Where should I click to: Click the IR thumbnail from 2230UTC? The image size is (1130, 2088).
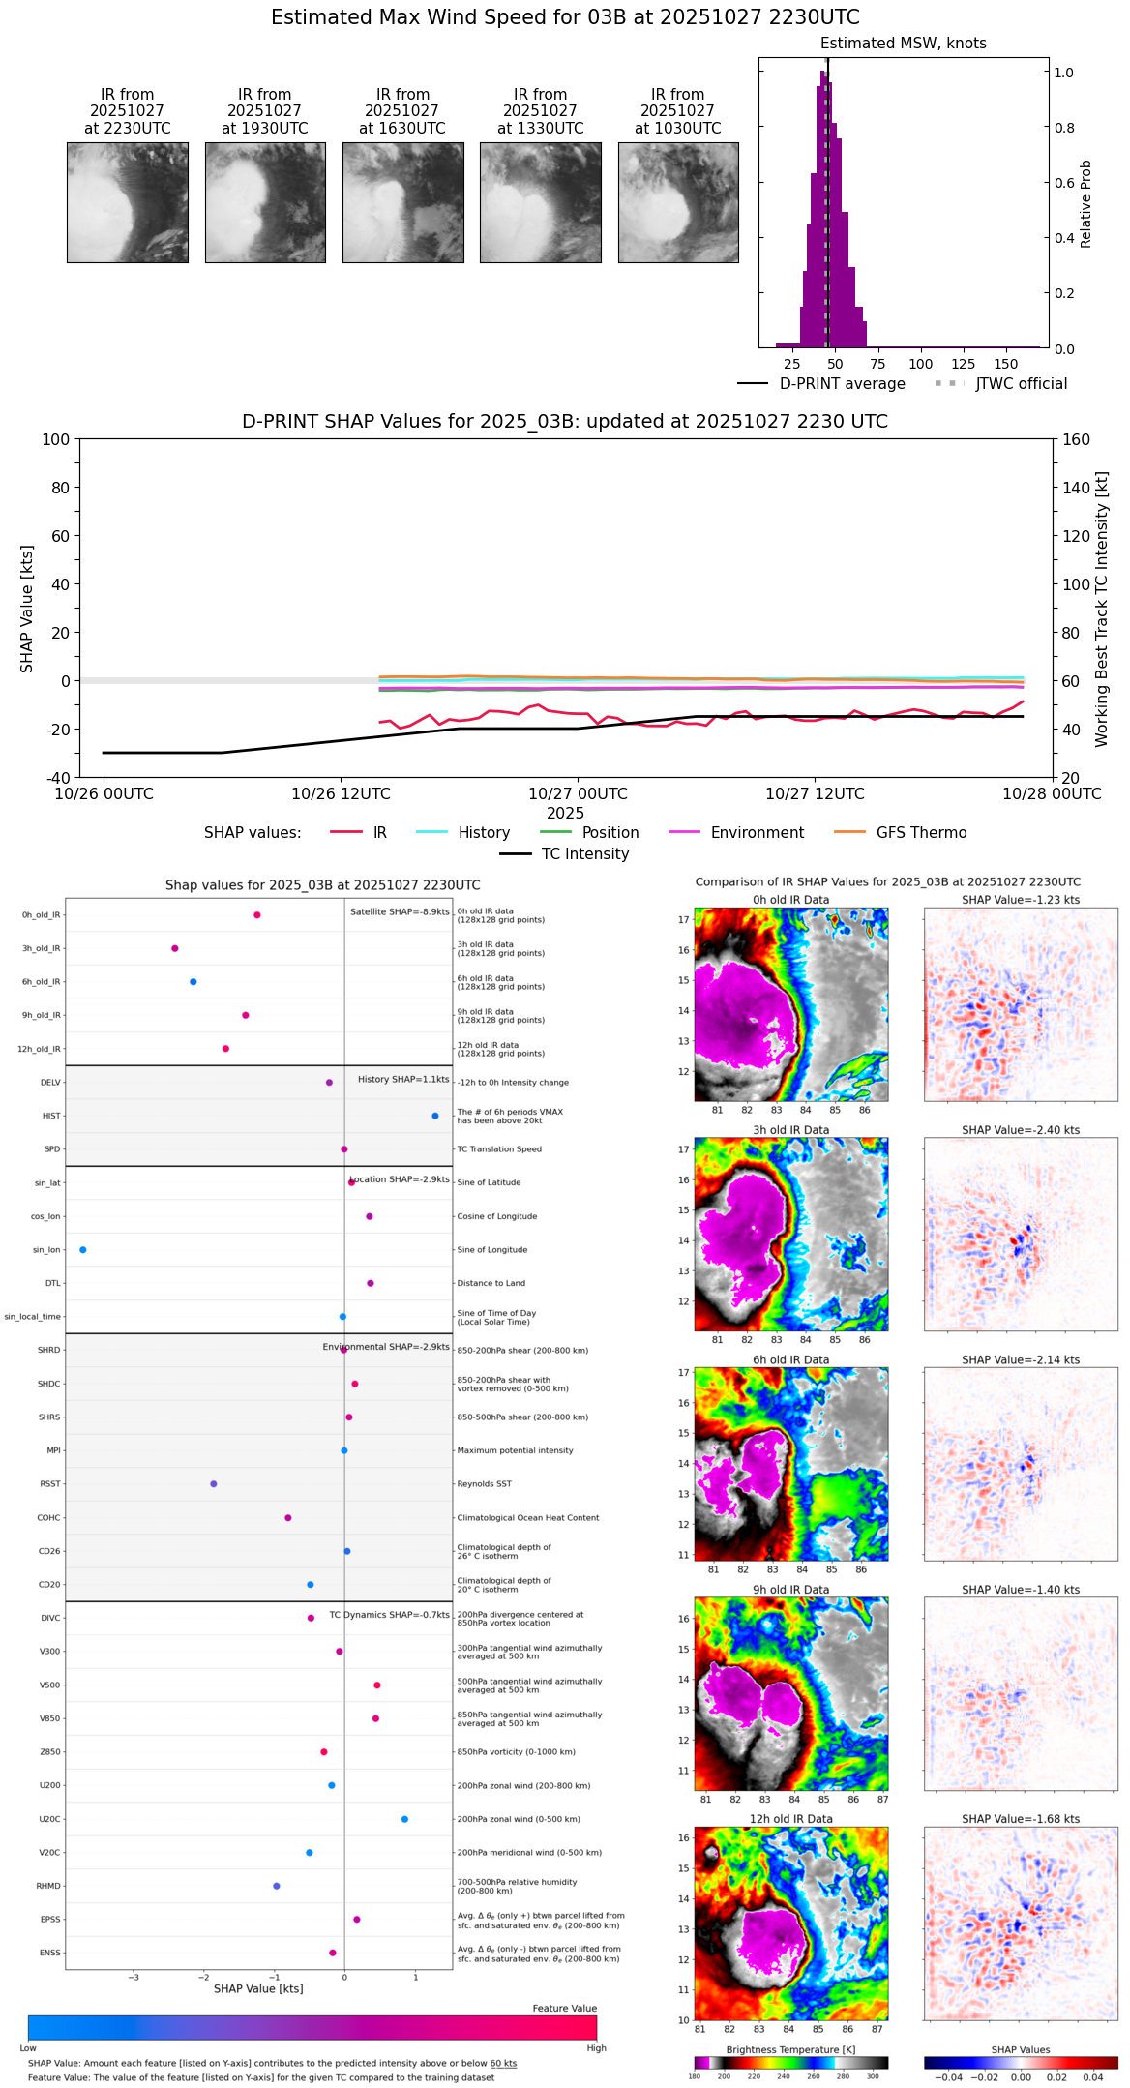click(x=128, y=202)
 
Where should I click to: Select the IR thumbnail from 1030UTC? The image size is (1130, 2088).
click(x=678, y=202)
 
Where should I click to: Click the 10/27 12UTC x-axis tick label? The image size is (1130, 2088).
click(x=815, y=794)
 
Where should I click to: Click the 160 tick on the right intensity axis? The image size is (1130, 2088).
click(x=1077, y=440)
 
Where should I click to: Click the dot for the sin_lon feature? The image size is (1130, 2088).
click(x=83, y=1250)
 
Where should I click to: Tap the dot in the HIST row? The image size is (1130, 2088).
click(x=435, y=1116)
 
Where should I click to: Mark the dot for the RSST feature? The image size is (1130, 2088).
click(x=214, y=1484)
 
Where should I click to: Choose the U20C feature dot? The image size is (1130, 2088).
click(x=404, y=1819)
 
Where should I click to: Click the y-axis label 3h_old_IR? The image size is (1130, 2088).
click(x=41, y=949)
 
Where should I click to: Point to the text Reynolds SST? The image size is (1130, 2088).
click(x=484, y=1484)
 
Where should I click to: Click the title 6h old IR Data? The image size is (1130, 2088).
click(x=790, y=1360)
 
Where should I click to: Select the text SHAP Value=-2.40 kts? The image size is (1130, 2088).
click(x=1021, y=1130)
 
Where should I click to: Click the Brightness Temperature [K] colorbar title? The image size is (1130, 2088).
click(x=790, y=2049)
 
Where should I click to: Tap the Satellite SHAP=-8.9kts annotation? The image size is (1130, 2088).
click(x=400, y=912)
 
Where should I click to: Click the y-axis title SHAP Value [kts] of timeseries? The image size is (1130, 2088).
click(x=27, y=609)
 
